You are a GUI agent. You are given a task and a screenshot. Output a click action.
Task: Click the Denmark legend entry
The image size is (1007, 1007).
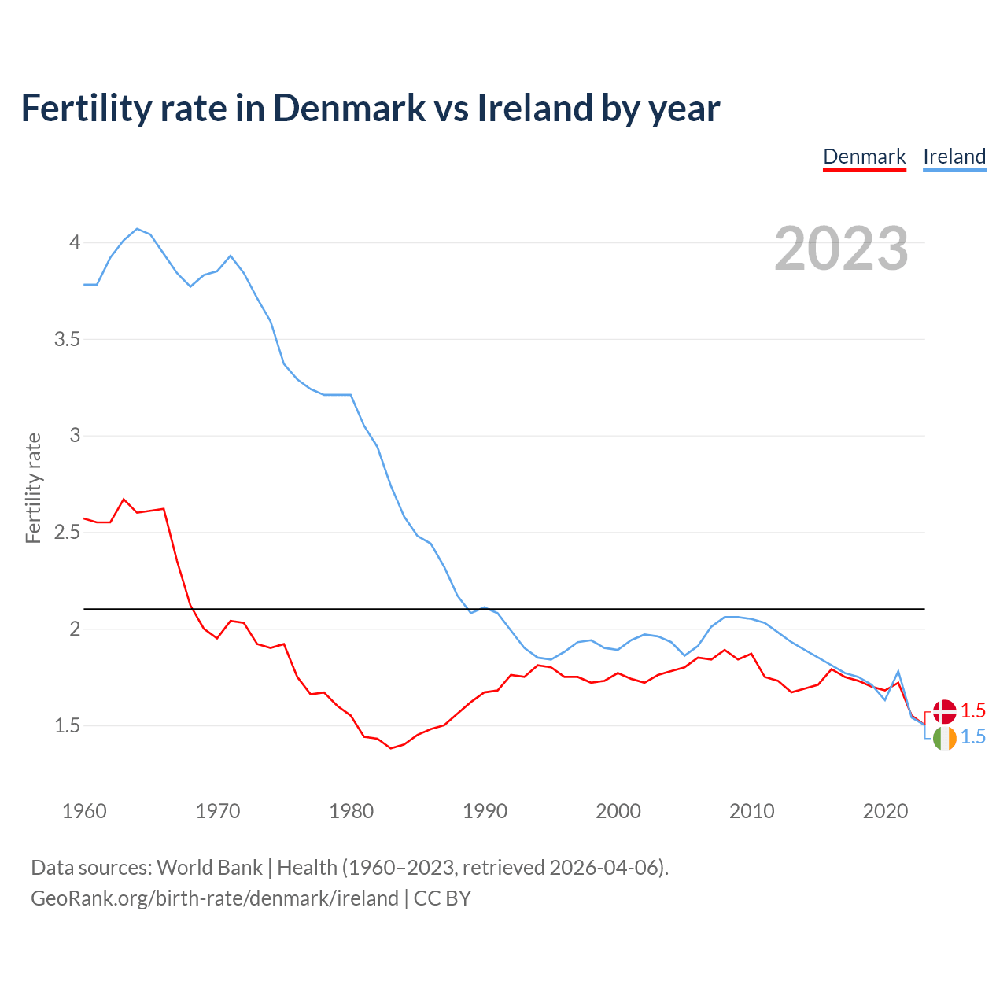coord(865,157)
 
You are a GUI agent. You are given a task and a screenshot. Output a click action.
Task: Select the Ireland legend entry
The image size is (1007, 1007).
coord(954,157)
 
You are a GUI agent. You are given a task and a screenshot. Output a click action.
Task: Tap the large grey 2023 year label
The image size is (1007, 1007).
coord(841,249)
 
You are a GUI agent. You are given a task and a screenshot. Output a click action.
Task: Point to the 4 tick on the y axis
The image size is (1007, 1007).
coord(75,242)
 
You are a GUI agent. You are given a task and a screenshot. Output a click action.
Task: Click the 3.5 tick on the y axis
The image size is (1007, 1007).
coord(67,339)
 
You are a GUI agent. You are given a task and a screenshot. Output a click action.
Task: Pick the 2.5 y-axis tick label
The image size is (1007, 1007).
coord(67,533)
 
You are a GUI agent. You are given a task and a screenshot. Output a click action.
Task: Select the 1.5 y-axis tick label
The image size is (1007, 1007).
coord(67,725)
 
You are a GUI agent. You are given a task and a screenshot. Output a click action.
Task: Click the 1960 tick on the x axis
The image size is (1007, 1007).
coord(84,811)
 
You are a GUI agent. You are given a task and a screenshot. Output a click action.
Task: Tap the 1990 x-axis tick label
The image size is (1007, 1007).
coord(485,811)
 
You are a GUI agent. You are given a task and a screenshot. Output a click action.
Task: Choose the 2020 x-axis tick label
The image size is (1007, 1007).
coord(885,811)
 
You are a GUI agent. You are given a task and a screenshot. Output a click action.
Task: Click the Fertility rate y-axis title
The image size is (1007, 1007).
coord(33,488)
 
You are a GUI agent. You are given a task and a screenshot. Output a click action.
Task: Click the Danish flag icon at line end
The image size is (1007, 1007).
coord(944,711)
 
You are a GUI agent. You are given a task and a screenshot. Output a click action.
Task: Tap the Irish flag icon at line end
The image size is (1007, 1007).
coord(944,738)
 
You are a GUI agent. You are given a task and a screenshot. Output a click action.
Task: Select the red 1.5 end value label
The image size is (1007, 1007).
coord(973,710)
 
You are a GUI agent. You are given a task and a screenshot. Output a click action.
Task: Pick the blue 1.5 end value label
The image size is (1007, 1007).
coord(973,737)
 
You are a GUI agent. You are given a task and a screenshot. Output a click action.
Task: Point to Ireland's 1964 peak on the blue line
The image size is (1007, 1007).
coord(137,229)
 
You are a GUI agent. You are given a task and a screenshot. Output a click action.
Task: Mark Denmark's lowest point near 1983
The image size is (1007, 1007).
coord(391,748)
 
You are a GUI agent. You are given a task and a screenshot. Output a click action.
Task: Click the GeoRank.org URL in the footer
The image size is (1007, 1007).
coord(214,898)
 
